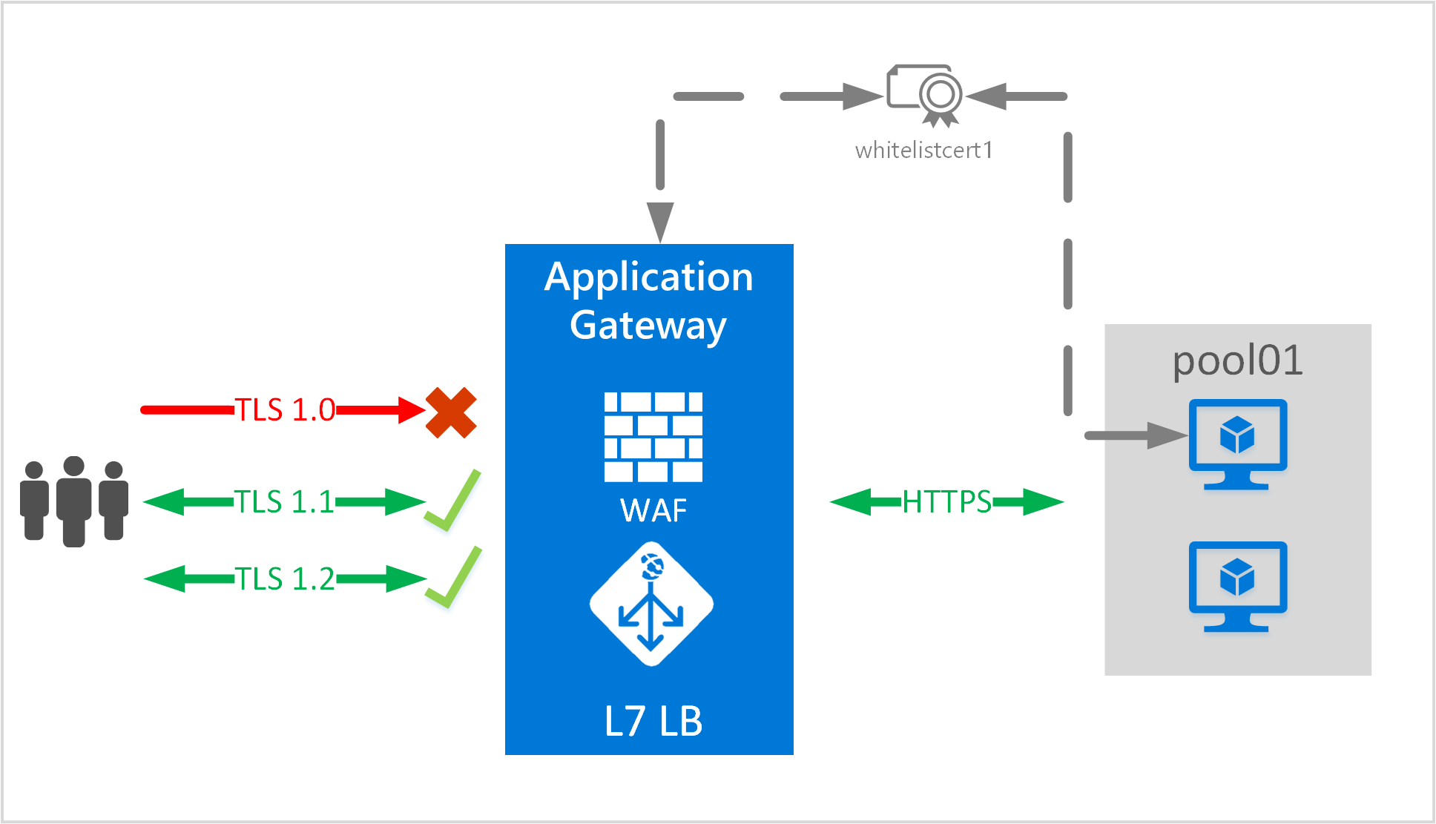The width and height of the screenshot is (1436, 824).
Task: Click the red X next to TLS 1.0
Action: click(x=451, y=412)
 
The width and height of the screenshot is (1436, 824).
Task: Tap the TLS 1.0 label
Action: click(x=285, y=409)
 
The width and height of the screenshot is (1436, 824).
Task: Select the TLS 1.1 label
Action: click(x=285, y=502)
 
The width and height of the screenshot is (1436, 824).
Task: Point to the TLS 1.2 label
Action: click(x=285, y=579)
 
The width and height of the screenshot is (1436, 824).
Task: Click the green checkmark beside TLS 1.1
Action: click(x=452, y=501)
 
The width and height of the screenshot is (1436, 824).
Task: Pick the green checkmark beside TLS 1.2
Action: click(x=453, y=578)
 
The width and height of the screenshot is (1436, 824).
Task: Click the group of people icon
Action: click(x=74, y=501)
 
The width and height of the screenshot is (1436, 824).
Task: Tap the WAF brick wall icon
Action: click(x=653, y=437)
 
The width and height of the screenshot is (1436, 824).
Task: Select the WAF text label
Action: click(x=653, y=510)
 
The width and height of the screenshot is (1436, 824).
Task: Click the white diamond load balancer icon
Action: click(x=651, y=604)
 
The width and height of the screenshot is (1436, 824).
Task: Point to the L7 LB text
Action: click(x=653, y=721)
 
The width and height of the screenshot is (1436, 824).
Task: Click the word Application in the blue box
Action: click(x=648, y=277)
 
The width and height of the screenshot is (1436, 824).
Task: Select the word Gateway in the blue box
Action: click(x=648, y=325)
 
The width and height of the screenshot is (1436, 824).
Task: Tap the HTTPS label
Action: click(x=946, y=502)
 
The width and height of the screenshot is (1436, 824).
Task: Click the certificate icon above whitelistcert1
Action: click(x=925, y=95)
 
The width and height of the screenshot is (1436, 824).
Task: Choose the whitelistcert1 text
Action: click(x=923, y=151)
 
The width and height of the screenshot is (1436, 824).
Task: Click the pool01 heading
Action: click(x=1237, y=360)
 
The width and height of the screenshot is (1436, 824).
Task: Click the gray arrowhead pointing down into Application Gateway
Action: click(x=659, y=220)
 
